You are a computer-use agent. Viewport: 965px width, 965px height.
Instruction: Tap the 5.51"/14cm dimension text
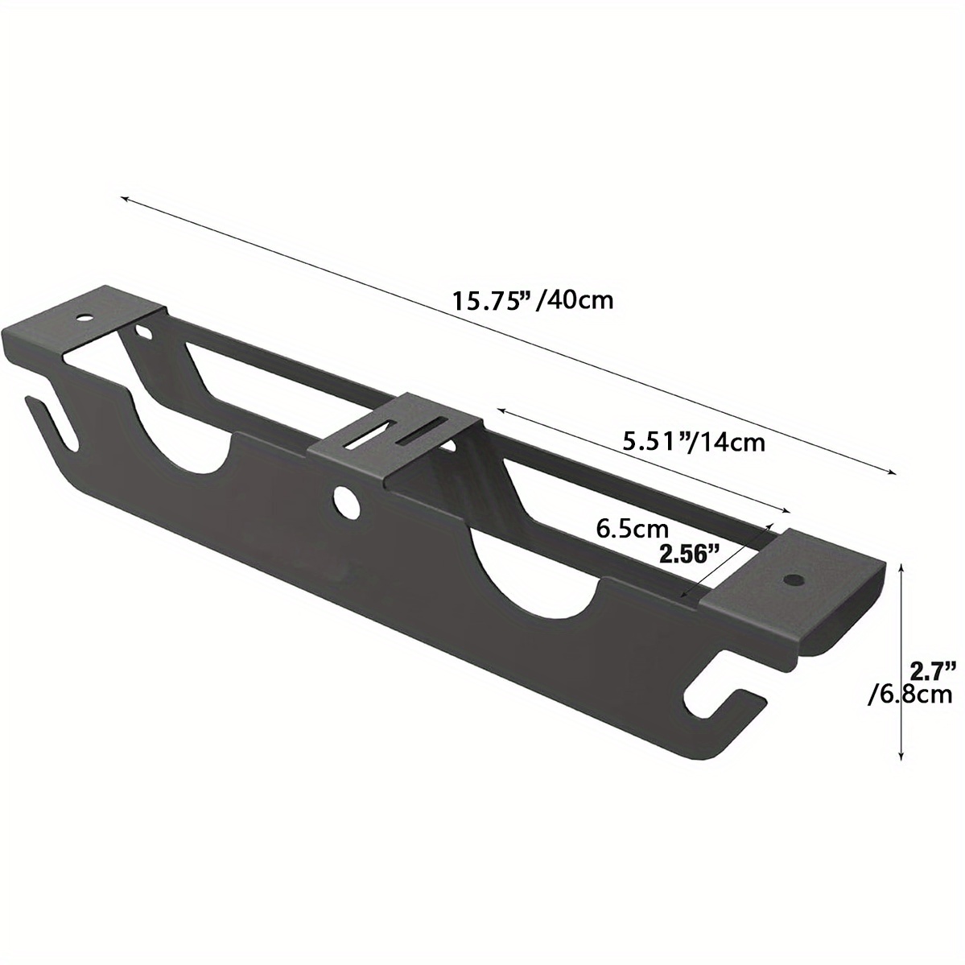(694, 441)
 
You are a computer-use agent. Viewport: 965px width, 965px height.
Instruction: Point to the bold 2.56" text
(688, 555)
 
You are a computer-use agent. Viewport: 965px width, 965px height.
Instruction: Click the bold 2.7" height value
(932, 669)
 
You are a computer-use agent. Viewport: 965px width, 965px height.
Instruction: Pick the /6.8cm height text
(916, 695)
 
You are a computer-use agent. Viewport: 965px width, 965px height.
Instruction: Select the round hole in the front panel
(346, 501)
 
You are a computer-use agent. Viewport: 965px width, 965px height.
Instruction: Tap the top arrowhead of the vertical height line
(902, 567)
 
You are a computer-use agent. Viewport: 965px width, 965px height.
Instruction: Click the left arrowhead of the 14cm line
(499, 411)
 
